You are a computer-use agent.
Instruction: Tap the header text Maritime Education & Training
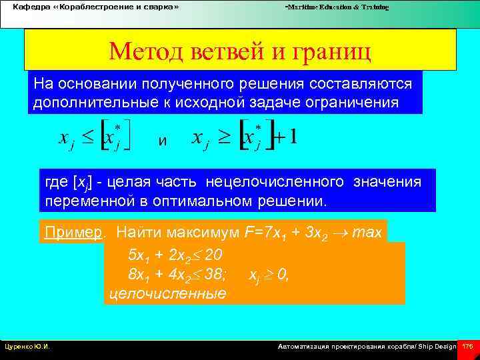(337, 7)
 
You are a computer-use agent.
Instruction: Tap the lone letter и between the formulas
(162, 141)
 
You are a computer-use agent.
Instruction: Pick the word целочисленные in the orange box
(166, 293)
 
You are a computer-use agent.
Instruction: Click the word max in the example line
(367, 232)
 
